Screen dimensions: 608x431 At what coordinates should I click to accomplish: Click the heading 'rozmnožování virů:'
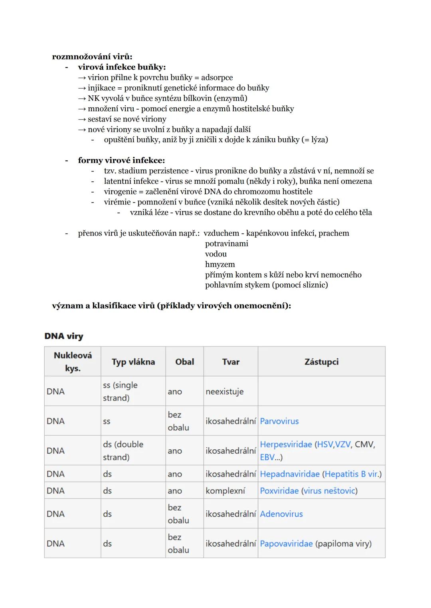pyautogui.click(x=92, y=57)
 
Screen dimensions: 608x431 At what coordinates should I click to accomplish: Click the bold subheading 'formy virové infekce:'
pyautogui.click(x=121, y=160)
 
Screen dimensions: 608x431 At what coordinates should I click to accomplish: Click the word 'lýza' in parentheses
pyautogui.click(x=318, y=140)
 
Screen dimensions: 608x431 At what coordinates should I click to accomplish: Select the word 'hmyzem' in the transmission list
pyautogui.click(x=220, y=264)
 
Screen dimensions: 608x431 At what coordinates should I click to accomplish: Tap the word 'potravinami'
pyautogui.click(x=226, y=244)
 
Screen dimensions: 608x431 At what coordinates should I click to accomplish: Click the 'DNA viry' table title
pyautogui.click(x=64, y=336)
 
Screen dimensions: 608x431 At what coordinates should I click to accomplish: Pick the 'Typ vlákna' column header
pyautogui.click(x=133, y=362)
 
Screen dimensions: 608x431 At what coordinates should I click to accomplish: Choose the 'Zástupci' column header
pyautogui.click(x=321, y=362)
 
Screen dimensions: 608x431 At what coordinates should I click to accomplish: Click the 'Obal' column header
pyautogui.click(x=184, y=362)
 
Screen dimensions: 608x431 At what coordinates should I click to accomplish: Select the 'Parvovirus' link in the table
pyautogui.click(x=279, y=421)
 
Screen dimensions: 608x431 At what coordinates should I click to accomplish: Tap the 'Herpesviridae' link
pyautogui.click(x=286, y=444)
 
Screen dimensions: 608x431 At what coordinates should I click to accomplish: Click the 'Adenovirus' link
pyautogui.click(x=281, y=514)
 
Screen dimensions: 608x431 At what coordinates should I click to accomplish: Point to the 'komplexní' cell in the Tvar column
pyautogui.click(x=225, y=491)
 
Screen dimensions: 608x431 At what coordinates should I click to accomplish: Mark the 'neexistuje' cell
pyautogui.click(x=224, y=392)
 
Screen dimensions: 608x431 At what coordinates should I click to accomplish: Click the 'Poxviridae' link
pyautogui.click(x=279, y=491)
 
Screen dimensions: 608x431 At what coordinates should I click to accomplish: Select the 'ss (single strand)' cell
pyautogui.click(x=120, y=392)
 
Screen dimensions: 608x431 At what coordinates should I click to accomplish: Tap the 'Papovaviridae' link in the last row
pyautogui.click(x=286, y=543)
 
